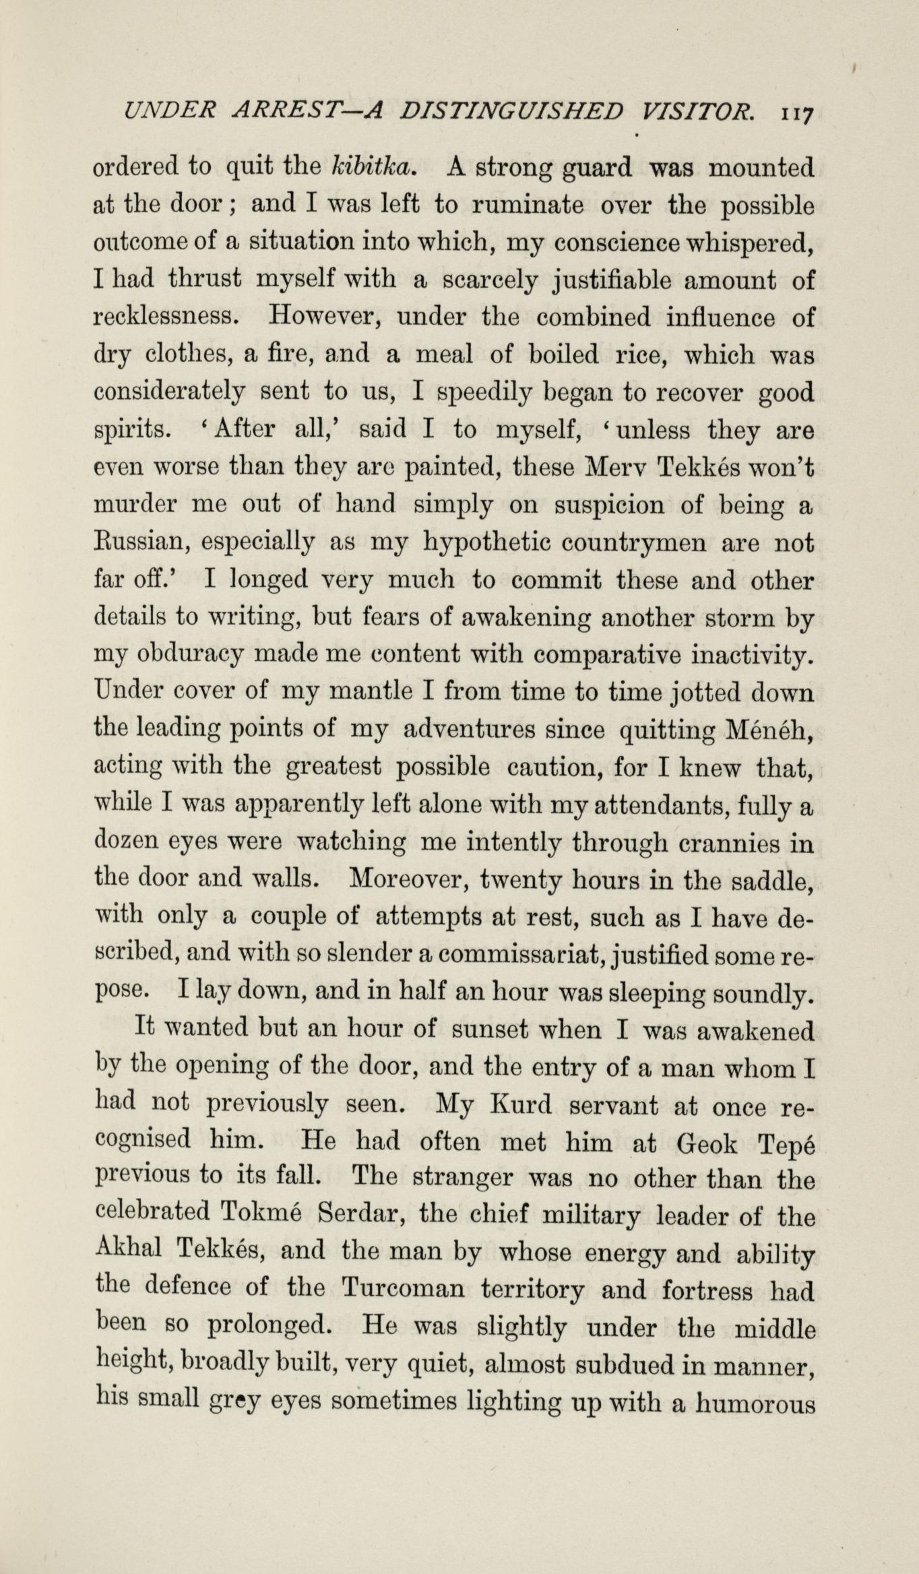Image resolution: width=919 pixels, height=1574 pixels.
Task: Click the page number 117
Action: click(x=798, y=113)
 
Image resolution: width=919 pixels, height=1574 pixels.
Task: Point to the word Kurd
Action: click(x=524, y=1106)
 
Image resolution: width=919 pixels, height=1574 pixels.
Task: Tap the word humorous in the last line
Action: click(x=755, y=1403)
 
